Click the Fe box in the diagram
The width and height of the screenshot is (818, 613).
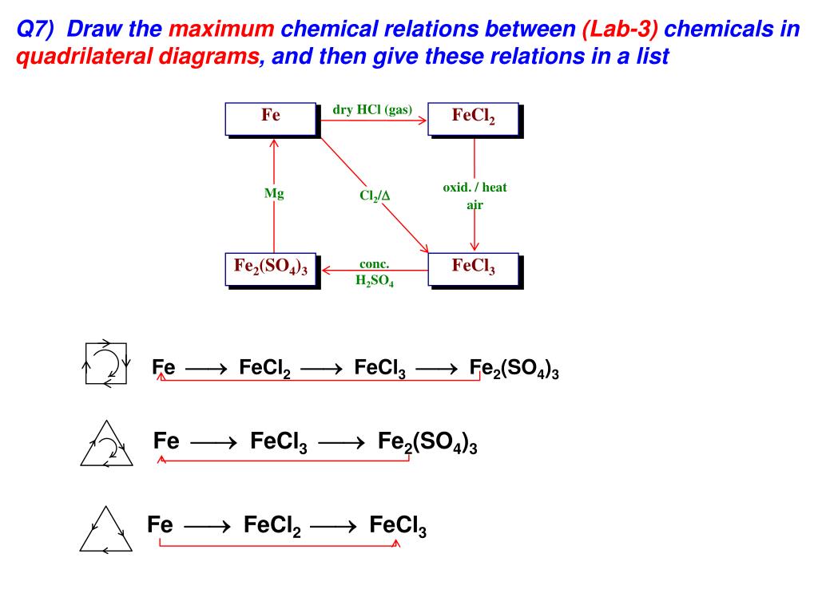point(271,117)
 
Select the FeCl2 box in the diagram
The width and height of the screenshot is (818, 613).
point(474,117)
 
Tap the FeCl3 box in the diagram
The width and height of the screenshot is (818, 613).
point(474,268)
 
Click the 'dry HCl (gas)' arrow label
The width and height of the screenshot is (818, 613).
point(372,110)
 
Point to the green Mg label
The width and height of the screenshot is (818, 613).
point(274,193)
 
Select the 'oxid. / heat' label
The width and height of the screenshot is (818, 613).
point(475,188)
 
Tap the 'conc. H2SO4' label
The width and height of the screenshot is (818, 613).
point(374,272)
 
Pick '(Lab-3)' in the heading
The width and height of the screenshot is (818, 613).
point(621,30)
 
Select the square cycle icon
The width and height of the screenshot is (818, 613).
point(106,364)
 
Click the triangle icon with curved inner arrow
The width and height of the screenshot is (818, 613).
point(105,445)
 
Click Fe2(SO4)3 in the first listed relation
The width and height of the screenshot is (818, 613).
point(514,370)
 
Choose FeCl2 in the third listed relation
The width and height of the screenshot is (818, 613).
point(272,526)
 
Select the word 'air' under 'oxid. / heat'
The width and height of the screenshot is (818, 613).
point(475,204)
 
